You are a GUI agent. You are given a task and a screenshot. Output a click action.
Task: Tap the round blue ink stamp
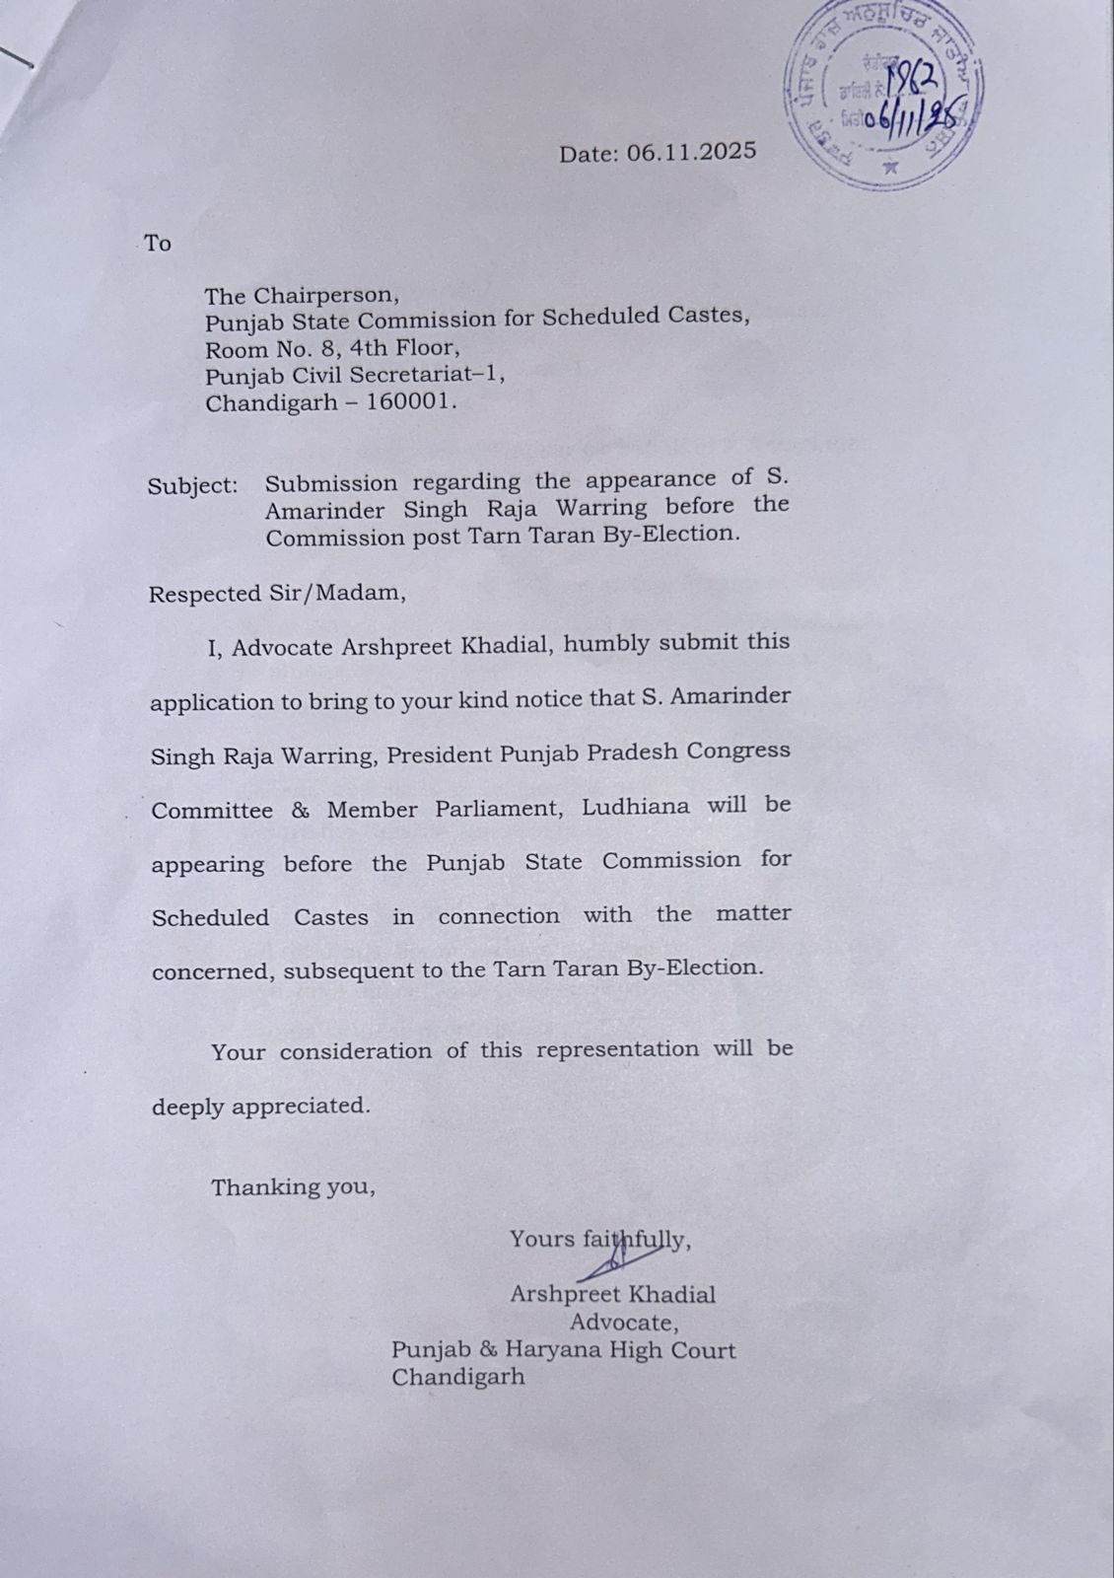coord(884,95)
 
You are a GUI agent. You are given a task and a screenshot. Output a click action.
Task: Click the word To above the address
coord(158,244)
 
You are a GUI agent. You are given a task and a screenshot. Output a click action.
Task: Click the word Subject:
coord(193,486)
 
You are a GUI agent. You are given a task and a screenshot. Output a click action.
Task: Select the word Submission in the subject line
coord(331,483)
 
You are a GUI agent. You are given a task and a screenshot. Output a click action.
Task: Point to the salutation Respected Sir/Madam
coord(276,594)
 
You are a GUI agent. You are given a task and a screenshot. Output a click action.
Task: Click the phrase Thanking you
coord(293,1186)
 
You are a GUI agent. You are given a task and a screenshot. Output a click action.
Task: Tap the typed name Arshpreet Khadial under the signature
coord(612,1294)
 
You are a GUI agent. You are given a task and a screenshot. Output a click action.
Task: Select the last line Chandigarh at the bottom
coord(457,1377)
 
